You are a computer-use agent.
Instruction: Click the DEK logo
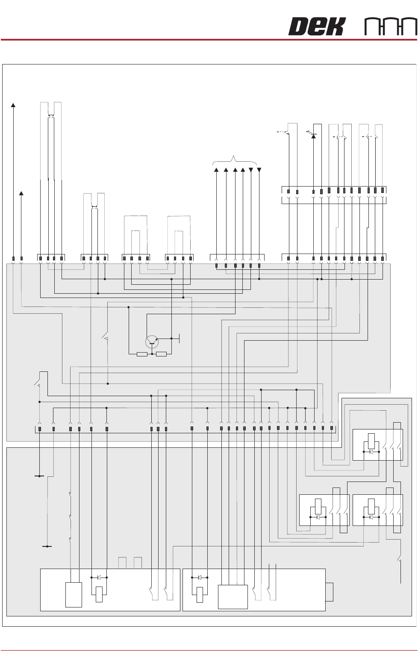point(316,26)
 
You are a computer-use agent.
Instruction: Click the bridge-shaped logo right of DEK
point(391,26)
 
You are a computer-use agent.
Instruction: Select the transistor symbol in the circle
point(152,342)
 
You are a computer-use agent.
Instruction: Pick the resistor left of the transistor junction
point(142,354)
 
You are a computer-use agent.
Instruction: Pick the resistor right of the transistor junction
point(161,354)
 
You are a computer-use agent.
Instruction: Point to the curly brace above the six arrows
point(235,161)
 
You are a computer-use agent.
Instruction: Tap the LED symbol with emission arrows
point(313,135)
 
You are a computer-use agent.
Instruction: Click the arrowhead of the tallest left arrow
point(13,105)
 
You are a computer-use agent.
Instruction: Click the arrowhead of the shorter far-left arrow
point(21,194)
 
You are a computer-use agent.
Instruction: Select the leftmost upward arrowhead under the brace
point(216,170)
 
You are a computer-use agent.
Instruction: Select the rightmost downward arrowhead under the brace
point(259,170)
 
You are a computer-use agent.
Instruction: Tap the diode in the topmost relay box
point(371,451)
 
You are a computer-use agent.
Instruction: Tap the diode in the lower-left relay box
point(318,517)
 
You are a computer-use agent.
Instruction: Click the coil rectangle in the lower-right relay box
point(371,506)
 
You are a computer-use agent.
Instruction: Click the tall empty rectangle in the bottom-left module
point(74,595)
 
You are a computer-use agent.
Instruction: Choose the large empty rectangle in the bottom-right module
point(233,597)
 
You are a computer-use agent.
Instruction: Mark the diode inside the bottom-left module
point(99,578)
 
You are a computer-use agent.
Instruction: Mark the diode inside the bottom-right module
point(200,578)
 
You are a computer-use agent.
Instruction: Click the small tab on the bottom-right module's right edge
point(329,592)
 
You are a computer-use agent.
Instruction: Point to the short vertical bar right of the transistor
point(179,339)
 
